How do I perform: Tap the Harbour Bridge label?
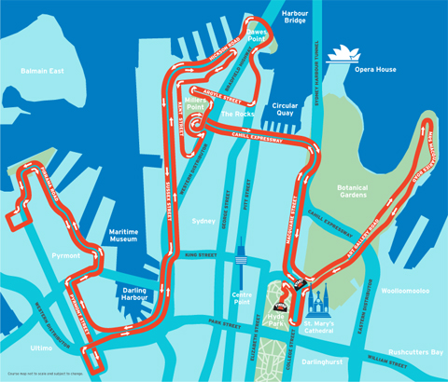tap(295, 17)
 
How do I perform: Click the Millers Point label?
tap(196, 102)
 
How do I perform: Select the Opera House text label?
tap(373, 69)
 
